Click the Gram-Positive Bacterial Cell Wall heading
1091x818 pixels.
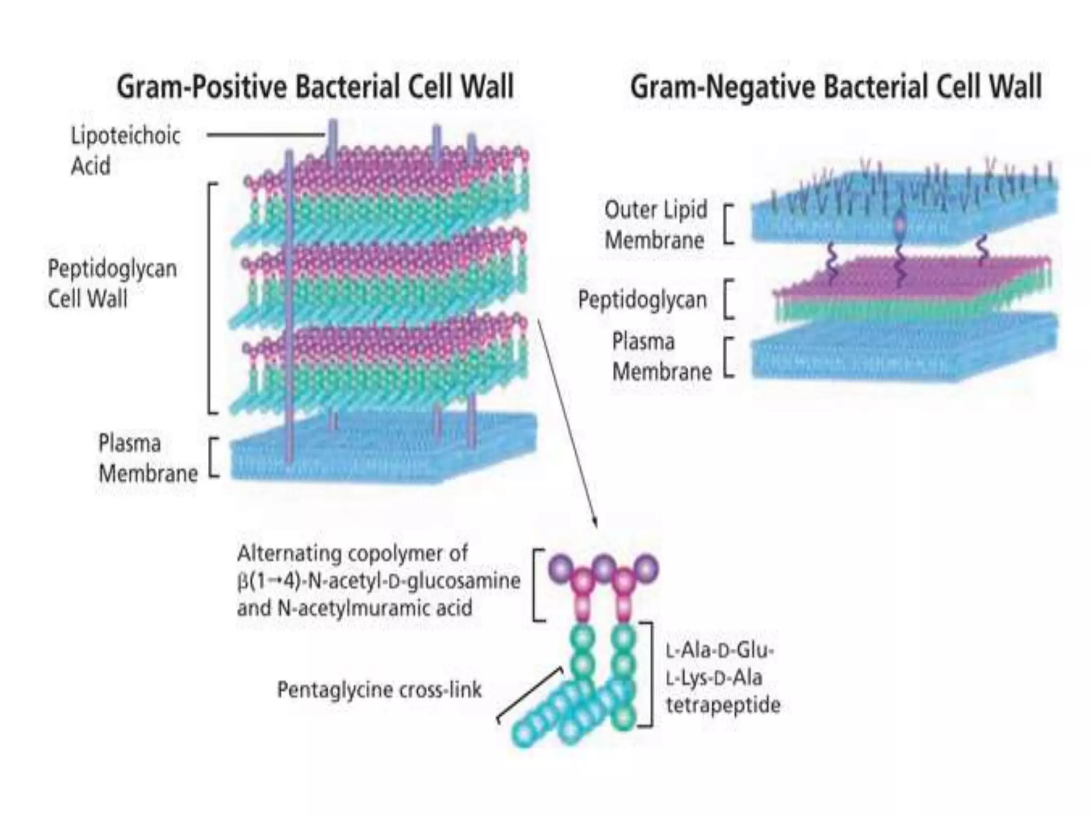tap(315, 87)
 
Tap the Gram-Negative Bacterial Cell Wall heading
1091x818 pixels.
tap(835, 87)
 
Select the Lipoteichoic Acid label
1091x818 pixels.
tap(125, 151)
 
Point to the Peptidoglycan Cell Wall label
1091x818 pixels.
tap(112, 283)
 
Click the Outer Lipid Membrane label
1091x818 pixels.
tap(655, 225)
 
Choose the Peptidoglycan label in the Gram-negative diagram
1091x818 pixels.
tap(642, 300)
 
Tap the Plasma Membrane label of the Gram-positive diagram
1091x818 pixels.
tap(148, 458)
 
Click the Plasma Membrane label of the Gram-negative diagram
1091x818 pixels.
tap(662, 356)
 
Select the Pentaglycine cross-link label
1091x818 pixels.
tap(379, 690)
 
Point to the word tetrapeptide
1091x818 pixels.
tap(723, 705)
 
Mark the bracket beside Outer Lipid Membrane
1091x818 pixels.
tap(729, 224)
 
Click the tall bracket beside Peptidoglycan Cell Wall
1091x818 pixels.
tap(211, 298)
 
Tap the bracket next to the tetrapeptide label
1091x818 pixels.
tap(649, 675)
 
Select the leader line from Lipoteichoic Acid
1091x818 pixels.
tap(265, 135)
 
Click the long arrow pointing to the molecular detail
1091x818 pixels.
tap(567, 421)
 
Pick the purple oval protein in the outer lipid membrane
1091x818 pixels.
tap(900, 225)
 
